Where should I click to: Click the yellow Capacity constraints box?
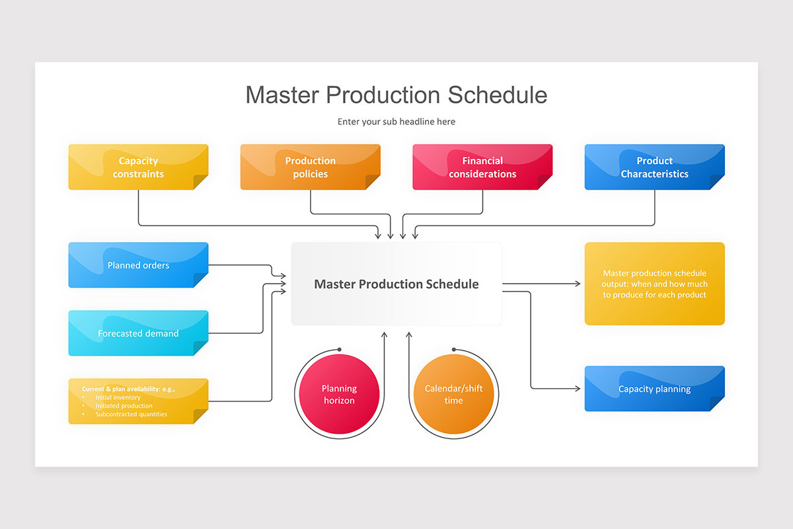[138, 167]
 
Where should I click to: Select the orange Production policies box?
[310, 167]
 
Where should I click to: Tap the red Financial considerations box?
[482, 167]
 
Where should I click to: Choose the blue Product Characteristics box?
[654, 167]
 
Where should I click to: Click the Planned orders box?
[138, 265]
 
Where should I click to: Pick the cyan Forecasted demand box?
[138, 333]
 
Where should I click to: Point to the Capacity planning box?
[654, 389]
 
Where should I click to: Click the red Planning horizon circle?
[339, 395]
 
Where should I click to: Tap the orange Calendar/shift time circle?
[453, 395]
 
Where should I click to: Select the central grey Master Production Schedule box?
[397, 284]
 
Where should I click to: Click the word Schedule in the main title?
[498, 95]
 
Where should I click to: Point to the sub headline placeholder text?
[397, 122]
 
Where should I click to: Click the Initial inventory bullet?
[118, 397]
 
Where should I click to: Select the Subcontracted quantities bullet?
[131, 415]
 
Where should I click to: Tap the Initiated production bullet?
[124, 406]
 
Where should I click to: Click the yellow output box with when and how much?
[654, 284]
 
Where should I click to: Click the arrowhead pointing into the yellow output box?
[578, 284]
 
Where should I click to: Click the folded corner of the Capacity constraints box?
[200, 182]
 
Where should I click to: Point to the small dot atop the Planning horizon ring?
[339, 349]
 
